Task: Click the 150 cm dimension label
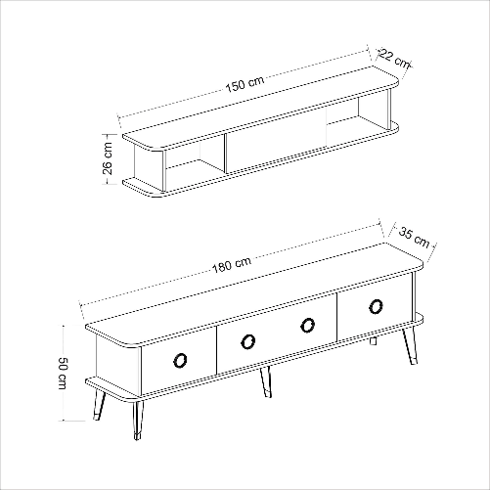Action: pyautogui.click(x=245, y=84)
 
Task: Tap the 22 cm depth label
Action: pyautogui.click(x=395, y=59)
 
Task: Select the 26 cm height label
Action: pyautogui.click(x=108, y=158)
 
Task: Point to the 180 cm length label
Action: pyautogui.click(x=232, y=264)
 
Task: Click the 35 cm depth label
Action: pyautogui.click(x=414, y=237)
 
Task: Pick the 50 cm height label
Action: pyautogui.click(x=62, y=374)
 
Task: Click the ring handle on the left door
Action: pyautogui.click(x=180, y=360)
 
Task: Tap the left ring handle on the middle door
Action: pyautogui.click(x=248, y=341)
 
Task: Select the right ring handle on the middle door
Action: pyautogui.click(x=307, y=325)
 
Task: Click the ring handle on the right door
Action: pyautogui.click(x=376, y=306)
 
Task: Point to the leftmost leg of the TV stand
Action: pyautogui.click(x=99, y=405)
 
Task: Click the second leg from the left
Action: pyautogui.click(x=138, y=420)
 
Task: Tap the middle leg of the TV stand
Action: pyautogui.click(x=266, y=382)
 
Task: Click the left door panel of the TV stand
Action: pyautogui.click(x=179, y=360)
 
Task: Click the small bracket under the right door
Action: pyautogui.click(x=373, y=341)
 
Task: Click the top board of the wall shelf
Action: pyautogui.click(x=261, y=109)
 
